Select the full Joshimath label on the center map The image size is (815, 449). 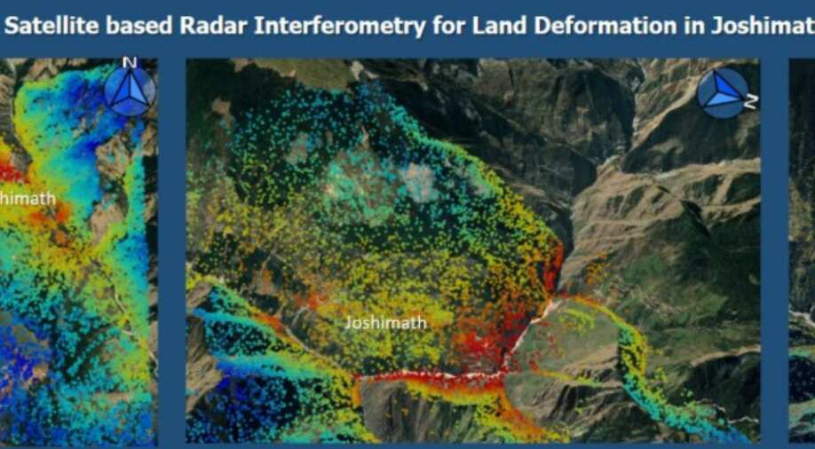point(385,323)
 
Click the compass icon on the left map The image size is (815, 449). point(130,91)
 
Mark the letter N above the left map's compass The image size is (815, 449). point(130,62)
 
